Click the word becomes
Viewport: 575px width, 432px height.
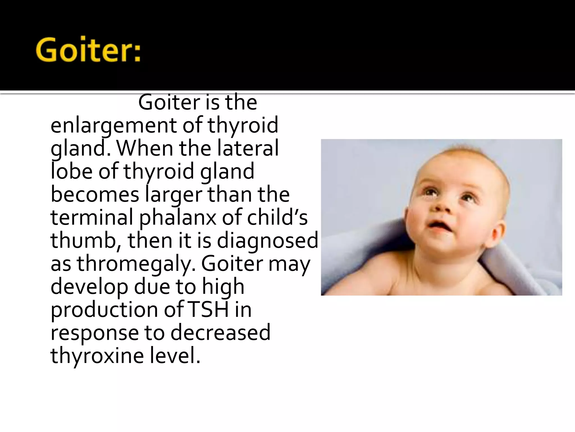95,195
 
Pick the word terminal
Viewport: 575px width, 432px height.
92,218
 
